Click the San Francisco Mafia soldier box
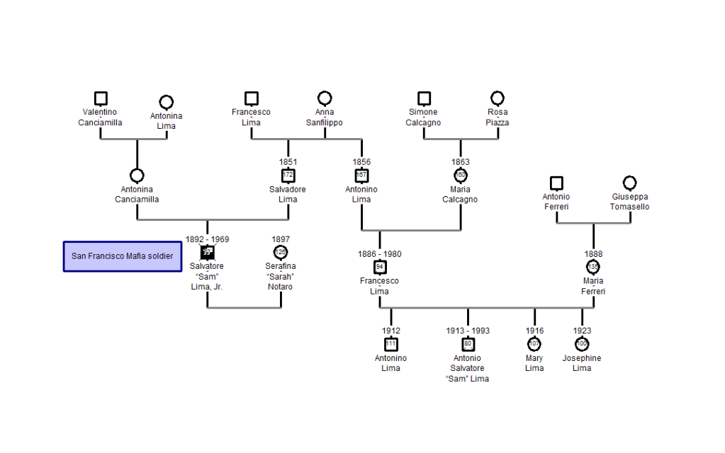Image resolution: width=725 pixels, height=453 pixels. pos(122,256)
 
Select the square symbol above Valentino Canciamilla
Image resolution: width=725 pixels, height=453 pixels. pos(101,98)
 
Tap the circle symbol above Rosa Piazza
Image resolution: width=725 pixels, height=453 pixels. pos(498,98)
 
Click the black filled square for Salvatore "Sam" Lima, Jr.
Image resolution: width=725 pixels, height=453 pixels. pos(207,252)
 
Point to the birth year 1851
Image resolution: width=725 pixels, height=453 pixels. pos(288,162)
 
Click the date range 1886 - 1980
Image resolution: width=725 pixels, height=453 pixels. pos(380,253)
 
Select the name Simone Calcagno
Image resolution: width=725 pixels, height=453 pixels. pos(423,117)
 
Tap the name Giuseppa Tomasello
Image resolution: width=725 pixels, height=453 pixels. pos(629,202)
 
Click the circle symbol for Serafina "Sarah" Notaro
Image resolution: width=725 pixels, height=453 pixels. pos(281,252)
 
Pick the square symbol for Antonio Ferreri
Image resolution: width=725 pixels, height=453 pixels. pos(556,183)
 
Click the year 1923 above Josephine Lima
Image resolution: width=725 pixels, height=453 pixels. pos(582,331)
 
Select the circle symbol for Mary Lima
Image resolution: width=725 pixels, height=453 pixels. pos(534,344)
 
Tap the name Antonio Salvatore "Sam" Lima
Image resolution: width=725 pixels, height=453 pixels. pos(467,368)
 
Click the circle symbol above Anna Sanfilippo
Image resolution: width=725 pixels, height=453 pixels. pos(325,98)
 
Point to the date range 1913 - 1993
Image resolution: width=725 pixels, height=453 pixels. pos(468,331)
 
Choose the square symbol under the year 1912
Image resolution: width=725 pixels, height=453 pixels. pos(391,344)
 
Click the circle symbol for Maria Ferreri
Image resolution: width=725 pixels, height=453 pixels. pos(593,267)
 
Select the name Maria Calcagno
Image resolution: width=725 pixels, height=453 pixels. pos(460,195)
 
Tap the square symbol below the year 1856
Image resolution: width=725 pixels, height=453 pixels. pos(361,176)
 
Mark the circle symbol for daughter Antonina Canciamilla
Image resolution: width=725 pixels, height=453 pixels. pos(137,176)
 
